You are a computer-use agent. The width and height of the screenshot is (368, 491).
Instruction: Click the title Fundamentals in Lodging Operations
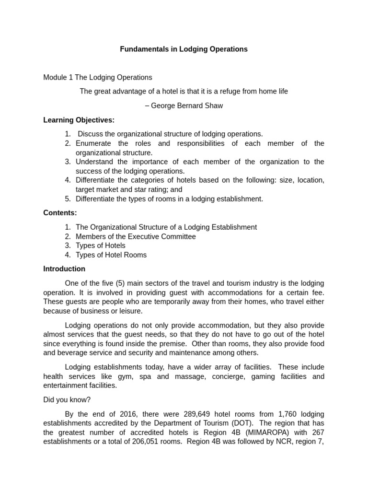pos(184,49)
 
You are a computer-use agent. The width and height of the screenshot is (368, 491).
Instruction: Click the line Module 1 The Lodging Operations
pos(98,77)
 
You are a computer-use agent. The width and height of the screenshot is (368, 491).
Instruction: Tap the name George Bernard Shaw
pos(187,105)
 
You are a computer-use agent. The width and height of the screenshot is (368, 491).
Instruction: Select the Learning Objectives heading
pos(79,120)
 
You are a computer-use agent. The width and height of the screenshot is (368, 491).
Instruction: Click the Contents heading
pos(60,212)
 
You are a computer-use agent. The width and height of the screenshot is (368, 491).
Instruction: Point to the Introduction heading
pos(64,269)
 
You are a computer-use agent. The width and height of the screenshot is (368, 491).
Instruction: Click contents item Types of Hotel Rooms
pos(111,255)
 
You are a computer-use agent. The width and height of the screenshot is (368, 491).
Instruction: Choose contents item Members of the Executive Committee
pos(136,236)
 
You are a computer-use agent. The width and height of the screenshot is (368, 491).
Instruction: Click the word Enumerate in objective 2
pos(93,143)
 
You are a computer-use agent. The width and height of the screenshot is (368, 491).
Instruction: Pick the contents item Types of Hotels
pos(101,245)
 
